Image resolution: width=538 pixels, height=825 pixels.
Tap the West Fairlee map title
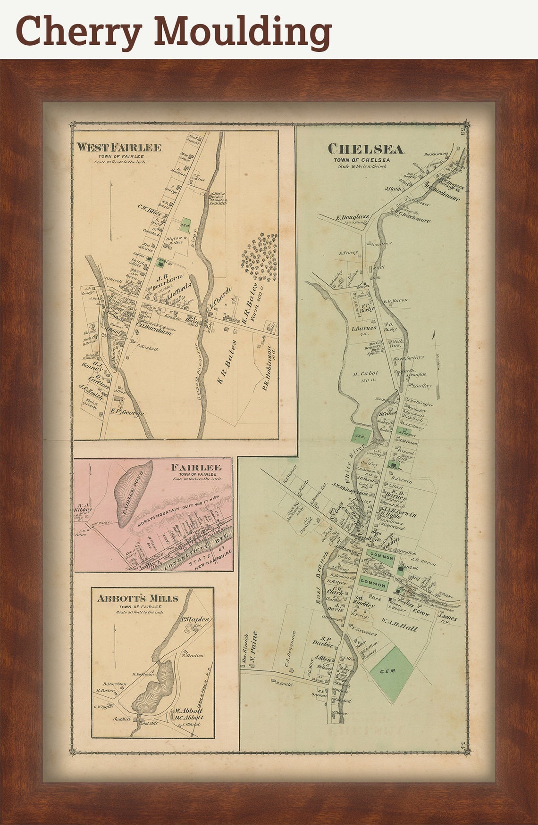pyautogui.click(x=119, y=148)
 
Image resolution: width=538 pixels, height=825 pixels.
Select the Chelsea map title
pyautogui.click(x=366, y=149)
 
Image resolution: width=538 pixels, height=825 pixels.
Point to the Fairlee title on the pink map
pyautogui.click(x=196, y=467)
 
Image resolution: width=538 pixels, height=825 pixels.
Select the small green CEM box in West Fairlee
pyautogui.click(x=186, y=224)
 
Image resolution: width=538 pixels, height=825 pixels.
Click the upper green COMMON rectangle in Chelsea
pyautogui.click(x=381, y=557)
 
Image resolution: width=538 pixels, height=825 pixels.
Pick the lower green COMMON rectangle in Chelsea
pyautogui.click(x=373, y=583)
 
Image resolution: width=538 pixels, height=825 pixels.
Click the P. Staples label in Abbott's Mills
pyautogui.click(x=194, y=619)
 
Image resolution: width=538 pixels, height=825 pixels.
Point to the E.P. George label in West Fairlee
pyautogui.click(x=127, y=413)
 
